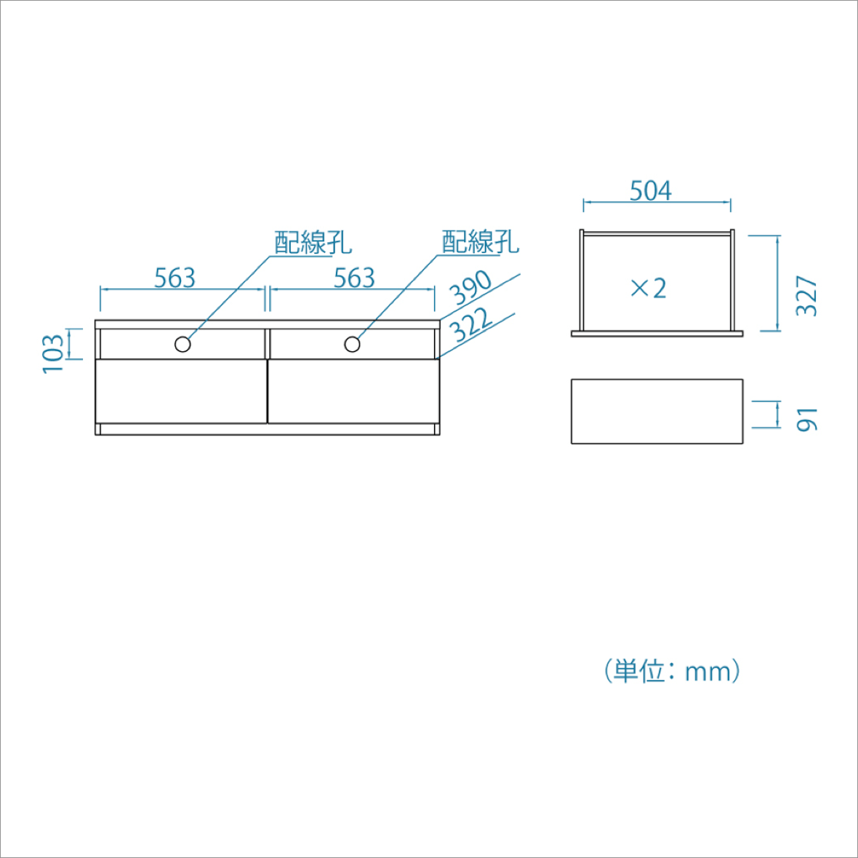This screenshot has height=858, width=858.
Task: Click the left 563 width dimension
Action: (175, 278)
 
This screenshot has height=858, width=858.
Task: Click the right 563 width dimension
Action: (355, 278)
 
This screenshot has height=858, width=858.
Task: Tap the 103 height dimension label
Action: (53, 354)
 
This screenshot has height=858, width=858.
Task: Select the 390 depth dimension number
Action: (470, 287)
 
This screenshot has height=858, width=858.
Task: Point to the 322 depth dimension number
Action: (470, 324)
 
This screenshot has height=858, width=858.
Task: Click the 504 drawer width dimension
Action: (650, 191)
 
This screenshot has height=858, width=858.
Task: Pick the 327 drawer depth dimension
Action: (806, 296)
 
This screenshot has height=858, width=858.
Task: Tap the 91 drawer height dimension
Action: (806, 420)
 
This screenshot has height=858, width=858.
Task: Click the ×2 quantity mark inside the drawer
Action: (649, 288)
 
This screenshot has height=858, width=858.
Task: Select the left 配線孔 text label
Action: (313, 242)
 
